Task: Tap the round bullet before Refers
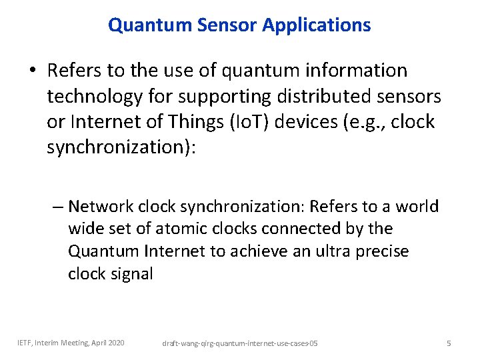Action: tap(33, 71)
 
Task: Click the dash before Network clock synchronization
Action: tap(57, 207)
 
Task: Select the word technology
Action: tap(94, 97)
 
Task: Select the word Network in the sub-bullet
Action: tap(99, 207)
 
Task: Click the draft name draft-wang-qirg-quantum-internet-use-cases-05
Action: tap(240, 343)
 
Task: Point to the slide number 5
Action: tap(449, 343)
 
